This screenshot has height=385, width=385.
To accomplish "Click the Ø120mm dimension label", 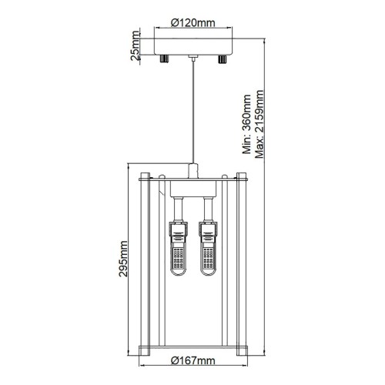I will click(x=192, y=23).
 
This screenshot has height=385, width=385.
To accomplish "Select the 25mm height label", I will click(x=136, y=47).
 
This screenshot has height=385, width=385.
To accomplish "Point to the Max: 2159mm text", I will click(x=259, y=123).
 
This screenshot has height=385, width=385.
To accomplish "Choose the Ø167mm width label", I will click(x=192, y=360).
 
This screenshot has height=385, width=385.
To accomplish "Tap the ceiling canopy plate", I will click(x=192, y=47).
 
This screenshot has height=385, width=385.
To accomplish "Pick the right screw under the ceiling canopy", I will click(x=223, y=59).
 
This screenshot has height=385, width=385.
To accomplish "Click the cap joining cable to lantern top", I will click(x=192, y=171).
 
